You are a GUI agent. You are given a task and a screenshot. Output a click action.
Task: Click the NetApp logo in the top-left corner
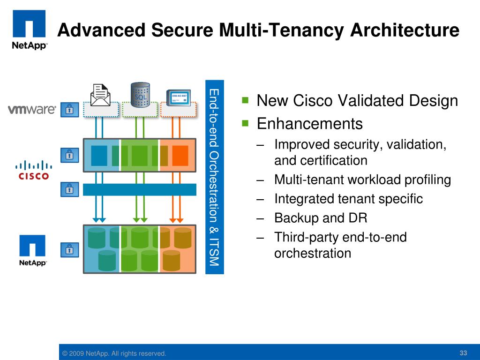pyautogui.click(x=29, y=29)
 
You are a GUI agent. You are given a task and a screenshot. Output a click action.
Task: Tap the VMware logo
pyautogui.click(x=32, y=110)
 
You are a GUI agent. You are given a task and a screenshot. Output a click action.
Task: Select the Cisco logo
pyautogui.click(x=33, y=170)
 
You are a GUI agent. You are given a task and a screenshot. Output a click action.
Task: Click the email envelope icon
pyautogui.click(x=100, y=95)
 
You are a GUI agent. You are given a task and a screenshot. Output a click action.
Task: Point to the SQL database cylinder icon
pyautogui.click(x=140, y=94)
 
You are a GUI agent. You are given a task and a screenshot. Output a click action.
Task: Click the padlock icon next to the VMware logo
pyautogui.click(x=69, y=110)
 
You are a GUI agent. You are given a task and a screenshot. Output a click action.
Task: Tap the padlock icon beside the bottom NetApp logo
pyautogui.click(x=69, y=249)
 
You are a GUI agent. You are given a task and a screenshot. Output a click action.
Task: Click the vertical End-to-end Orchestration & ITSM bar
pyautogui.click(x=215, y=177)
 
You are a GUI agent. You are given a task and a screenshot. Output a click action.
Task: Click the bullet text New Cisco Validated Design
pyautogui.click(x=357, y=101)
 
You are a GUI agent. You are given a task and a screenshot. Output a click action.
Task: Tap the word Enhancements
pyautogui.click(x=310, y=124)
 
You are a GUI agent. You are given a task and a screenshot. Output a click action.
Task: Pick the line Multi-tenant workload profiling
pyautogui.click(x=362, y=180)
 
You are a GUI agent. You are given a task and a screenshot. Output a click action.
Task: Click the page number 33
pyautogui.click(x=464, y=352)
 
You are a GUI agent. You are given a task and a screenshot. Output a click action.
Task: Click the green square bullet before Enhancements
pyautogui.click(x=245, y=123)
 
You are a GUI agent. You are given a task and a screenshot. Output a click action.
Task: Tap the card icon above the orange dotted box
pyautogui.click(x=179, y=96)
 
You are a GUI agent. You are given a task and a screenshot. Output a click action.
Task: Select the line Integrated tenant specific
pyautogui.click(x=348, y=199)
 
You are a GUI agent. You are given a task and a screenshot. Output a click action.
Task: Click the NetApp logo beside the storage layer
pyautogui.click(x=33, y=250)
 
